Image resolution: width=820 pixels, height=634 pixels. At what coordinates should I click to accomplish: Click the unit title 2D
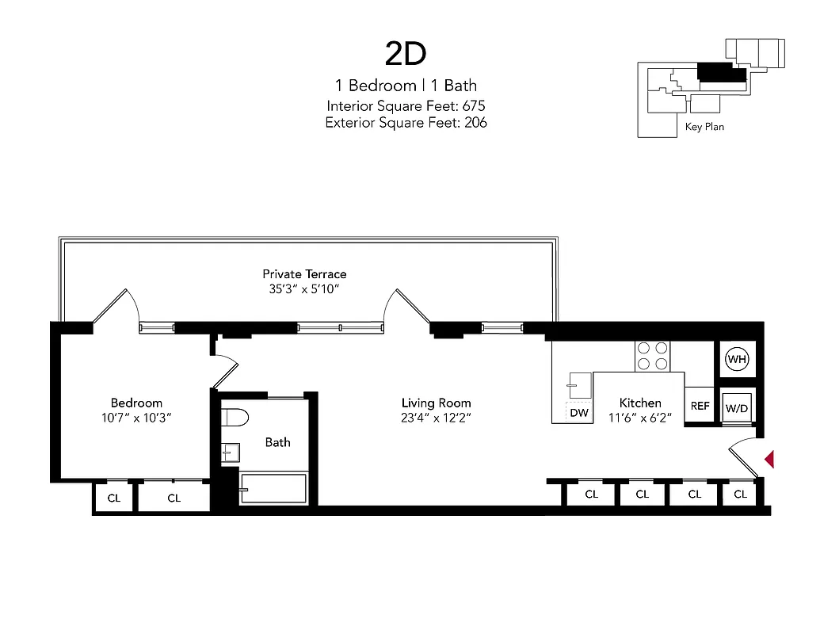[x=406, y=53]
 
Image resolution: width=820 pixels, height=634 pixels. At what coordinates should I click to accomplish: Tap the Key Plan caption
[x=704, y=127]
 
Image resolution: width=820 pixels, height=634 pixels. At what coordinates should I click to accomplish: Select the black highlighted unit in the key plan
[x=721, y=73]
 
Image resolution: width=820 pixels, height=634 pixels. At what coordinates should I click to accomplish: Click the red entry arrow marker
[x=768, y=459]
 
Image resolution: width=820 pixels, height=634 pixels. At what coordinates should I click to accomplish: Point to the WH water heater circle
[x=737, y=360]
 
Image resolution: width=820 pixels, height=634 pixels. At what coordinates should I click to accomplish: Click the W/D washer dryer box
[x=737, y=408]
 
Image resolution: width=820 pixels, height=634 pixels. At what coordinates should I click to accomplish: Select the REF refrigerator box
[x=700, y=406]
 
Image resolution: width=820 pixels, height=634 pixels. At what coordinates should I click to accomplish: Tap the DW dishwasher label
[x=578, y=413]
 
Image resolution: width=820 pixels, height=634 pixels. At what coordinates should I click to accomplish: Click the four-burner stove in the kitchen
[x=650, y=356]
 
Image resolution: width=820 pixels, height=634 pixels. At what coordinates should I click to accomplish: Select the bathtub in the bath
[x=273, y=489]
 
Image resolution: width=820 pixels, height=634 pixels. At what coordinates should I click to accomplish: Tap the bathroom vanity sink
[x=231, y=453]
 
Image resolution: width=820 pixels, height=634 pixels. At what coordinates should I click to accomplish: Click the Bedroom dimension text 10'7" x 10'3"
[x=136, y=418]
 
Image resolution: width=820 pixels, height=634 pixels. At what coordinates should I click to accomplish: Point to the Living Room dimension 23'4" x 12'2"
[x=436, y=418]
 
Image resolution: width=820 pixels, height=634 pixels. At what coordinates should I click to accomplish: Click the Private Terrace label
[x=304, y=273]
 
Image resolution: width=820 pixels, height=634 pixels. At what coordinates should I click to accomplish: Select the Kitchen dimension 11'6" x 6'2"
[x=640, y=418]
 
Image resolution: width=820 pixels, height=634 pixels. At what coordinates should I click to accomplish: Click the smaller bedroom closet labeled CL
[x=113, y=498]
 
